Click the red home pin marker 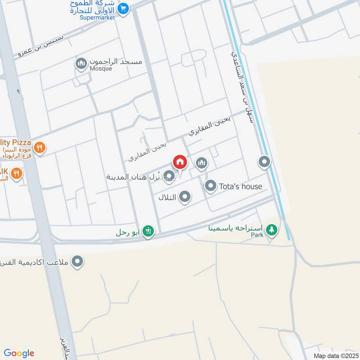point(180,162)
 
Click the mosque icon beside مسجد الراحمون point(81,63)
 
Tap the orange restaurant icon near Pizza point(40,147)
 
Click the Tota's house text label point(240,186)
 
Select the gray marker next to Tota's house point(211,185)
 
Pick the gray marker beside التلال point(184,197)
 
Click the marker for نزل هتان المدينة point(169,175)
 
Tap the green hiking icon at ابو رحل point(148,231)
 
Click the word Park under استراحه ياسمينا point(256,235)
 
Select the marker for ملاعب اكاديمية point(78,261)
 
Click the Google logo point(19,353)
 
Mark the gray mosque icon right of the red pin point(202,163)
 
